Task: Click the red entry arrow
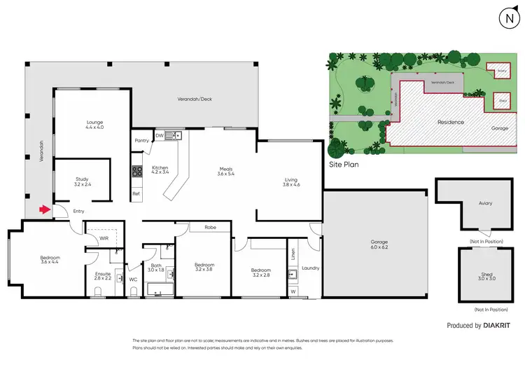(44, 209)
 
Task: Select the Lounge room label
(94, 125)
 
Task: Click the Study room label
(82, 181)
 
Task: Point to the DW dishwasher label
(159, 135)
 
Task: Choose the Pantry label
(141, 140)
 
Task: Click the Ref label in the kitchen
(136, 193)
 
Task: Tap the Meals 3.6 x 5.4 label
(225, 171)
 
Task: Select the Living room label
(291, 181)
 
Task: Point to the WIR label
(104, 238)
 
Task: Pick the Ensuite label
(103, 275)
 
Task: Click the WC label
(133, 279)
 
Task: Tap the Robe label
(210, 227)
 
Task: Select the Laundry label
(310, 268)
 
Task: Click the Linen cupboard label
(293, 254)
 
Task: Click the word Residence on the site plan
(451, 122)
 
